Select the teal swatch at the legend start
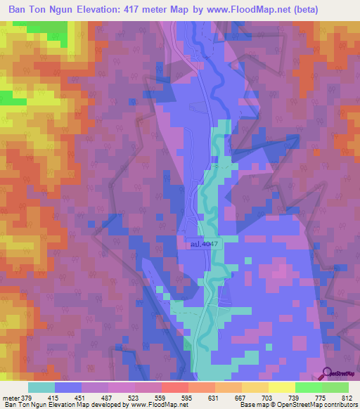pyautogui.click(x=41, y=387)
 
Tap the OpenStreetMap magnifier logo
pyautogui.click(x=327, y=373)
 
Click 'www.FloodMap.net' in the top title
pyautogui.click(x=239, y=10)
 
